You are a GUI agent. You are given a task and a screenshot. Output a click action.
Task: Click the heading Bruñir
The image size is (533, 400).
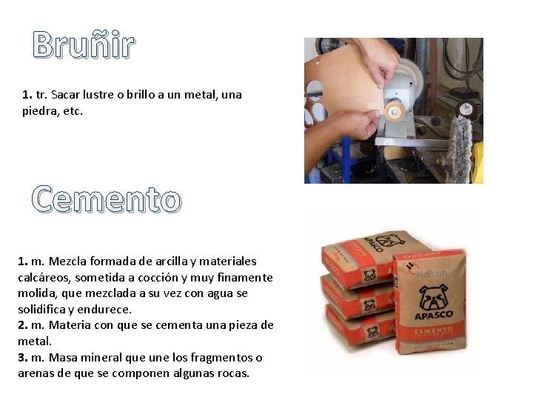pos(84,44)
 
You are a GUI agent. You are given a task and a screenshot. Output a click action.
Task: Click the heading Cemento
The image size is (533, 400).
pos(107,199)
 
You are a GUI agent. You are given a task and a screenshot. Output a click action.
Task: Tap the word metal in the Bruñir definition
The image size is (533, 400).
pos(201,94)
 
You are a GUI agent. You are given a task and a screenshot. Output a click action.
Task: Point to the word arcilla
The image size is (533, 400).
pos(171,261)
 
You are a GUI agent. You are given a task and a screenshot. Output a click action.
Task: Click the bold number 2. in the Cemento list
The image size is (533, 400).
pos(23,325)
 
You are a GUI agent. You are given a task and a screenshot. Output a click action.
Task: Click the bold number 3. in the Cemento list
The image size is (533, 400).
pos(23,358)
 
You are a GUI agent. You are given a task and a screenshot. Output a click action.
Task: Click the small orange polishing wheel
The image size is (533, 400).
pos(395,110)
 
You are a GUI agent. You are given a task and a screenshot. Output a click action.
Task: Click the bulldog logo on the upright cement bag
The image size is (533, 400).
pos(433,297)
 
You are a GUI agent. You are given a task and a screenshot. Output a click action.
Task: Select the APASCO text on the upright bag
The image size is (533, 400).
pos(434,315)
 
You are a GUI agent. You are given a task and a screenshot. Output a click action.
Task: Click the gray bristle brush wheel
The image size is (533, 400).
pos(460,144)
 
